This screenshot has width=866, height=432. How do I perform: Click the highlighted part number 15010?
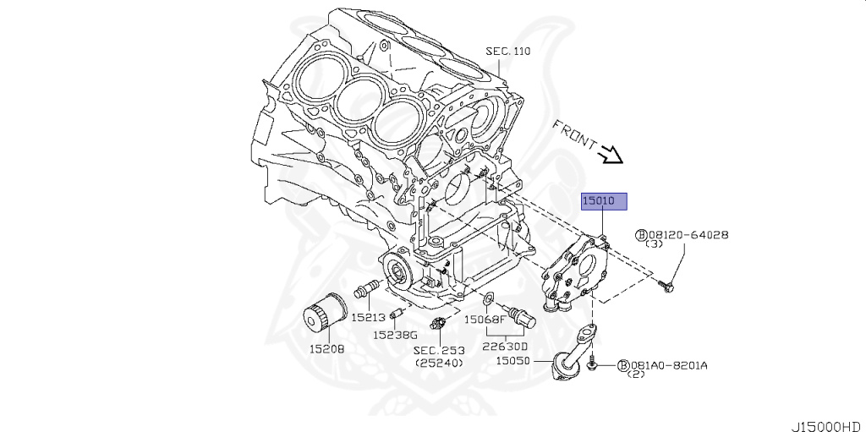tap(603, 201)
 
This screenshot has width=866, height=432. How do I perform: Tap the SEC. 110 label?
tap(507, 51)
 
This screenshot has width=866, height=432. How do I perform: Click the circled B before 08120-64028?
tap(641, 235)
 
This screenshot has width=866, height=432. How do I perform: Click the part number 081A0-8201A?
tap(669, 365)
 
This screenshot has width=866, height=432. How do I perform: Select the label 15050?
tap(512, 359)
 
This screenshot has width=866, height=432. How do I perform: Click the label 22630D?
tap(505, 346)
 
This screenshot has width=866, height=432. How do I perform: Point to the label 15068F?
tap(485, 320)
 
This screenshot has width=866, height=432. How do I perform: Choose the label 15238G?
tap(396, 334)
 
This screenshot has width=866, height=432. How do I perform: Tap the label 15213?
tap(369, 318)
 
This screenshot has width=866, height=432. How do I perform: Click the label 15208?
tap(326, 347)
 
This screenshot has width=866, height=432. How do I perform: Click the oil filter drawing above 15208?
tap(326, 314)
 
